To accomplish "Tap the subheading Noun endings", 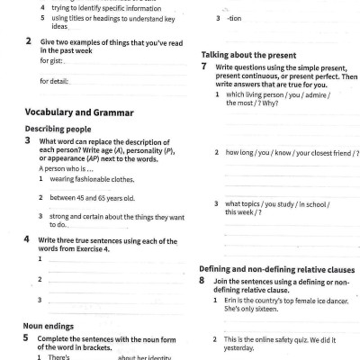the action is click(x=51, y=325).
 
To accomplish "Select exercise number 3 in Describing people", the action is click(x=28, y=140).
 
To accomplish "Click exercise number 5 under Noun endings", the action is click(x=27, y=338).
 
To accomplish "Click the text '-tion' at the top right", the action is click(x=235, y=19).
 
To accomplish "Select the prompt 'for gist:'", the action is click(x=53, y=61).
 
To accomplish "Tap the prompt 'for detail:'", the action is click(x=56, y=81).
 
